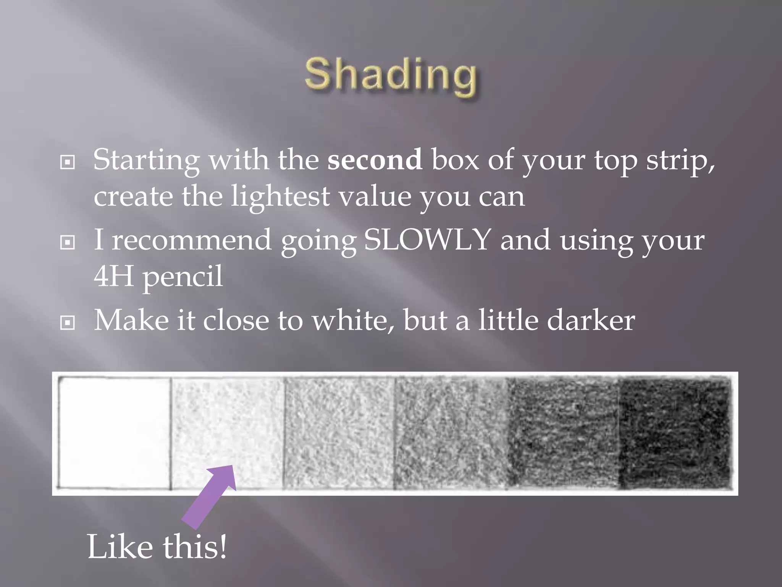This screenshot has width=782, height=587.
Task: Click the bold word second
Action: (x=375, y=159)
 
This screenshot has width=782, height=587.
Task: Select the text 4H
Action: (x=113, y=276)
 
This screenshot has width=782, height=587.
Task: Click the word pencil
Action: (x=183, y=277)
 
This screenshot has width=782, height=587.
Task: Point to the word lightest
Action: (x=280, y=196)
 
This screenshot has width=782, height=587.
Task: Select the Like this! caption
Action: (x=157, y=547)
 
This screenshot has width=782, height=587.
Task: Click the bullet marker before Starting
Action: (x=68, y=162)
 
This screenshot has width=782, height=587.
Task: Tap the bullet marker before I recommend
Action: (x=68, y=242)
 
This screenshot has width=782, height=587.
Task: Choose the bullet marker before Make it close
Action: (x=68, y=323)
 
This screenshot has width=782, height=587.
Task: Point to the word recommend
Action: (x=191, y=240)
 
